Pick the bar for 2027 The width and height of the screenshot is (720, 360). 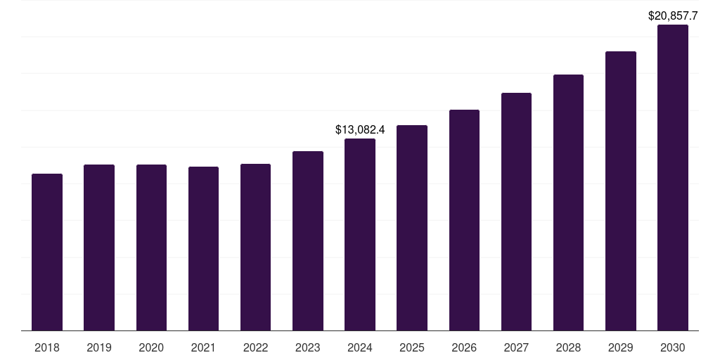[x=516, y=212]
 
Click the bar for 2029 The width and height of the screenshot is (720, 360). [x=621, y=191]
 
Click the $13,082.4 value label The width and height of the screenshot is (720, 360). [x=360, y=130]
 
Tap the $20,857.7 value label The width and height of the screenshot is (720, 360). [x=673, y=15]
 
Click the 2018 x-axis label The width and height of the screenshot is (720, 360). [x=47, y=347]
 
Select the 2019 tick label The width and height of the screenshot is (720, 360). [x=99, y=347]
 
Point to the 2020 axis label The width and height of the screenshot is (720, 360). [x=151, y=347]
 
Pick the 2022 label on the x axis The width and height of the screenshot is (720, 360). [x=255, y=347]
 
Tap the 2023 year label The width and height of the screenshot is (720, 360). [x=308, y=347]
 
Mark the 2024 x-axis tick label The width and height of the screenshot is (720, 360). [x=360, y=347]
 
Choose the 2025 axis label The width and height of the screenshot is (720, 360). [x=412, y=347]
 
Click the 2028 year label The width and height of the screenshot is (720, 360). [x=568, y=347]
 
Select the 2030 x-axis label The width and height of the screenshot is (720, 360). [x=673, y=347]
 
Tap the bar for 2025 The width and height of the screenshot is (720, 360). [x=412, y=228]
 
